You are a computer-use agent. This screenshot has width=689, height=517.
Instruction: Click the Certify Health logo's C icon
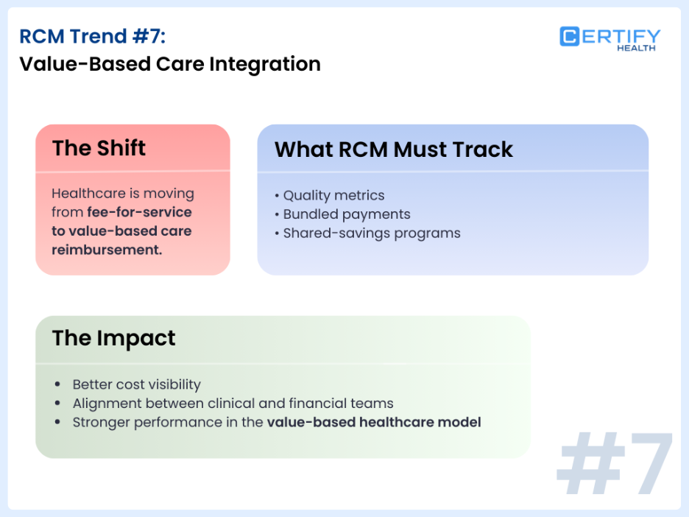[x=570, y=37]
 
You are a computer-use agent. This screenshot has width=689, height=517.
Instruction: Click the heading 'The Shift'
[x=99, y=148]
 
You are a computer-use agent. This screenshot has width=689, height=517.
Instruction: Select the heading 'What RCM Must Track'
[x=393, y=150]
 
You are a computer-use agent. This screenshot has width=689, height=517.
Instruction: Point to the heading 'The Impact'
[x=113, y=338]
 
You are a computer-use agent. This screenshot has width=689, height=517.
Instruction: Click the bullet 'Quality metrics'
[x=333, y=195]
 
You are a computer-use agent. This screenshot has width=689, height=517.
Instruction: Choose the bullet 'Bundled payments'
[x=346, y=214]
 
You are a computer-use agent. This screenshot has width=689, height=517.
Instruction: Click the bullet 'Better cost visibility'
[x=136, y=384]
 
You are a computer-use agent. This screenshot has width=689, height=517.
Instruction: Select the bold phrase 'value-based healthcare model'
[x=374, y=423]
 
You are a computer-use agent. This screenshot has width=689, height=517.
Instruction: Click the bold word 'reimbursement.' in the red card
[x=107, y=250]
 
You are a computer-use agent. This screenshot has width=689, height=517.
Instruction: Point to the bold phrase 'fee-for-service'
[x=139, y=212]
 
